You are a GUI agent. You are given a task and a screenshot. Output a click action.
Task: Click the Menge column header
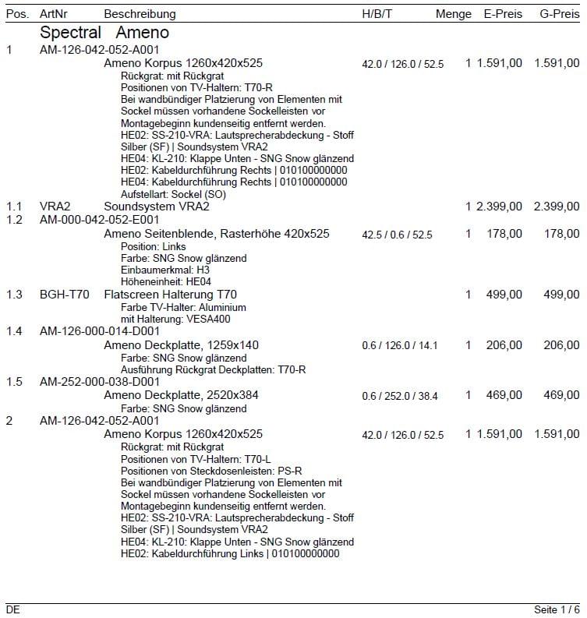454,14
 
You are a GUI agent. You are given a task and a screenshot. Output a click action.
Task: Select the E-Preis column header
503,14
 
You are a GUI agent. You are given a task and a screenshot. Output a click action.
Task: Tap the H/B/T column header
378,14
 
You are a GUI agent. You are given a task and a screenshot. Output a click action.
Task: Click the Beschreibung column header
140,14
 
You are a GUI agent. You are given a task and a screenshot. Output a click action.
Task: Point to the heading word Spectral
70,33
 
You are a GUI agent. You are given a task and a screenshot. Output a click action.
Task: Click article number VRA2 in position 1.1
55,207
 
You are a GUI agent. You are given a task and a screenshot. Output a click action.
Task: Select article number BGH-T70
65,294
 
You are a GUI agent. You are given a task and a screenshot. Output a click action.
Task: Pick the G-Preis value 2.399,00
557,207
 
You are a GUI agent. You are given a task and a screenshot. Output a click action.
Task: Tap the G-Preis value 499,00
562,294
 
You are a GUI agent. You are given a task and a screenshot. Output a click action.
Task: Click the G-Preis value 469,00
562,395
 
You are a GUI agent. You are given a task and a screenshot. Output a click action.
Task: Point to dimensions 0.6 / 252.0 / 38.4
399,396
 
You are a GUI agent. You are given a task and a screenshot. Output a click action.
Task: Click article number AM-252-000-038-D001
100,382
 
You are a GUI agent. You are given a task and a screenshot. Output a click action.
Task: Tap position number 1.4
14,331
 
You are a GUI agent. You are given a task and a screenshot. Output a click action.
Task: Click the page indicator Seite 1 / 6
557,609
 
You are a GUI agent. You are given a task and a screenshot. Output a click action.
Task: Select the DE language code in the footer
13,609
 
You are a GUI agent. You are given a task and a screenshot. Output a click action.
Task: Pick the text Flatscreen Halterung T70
170,294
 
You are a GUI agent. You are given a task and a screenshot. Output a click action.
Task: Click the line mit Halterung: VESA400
175,319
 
